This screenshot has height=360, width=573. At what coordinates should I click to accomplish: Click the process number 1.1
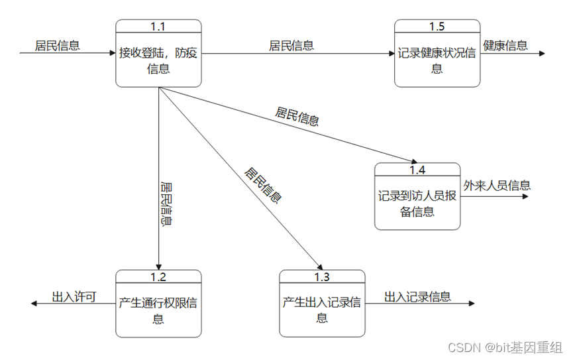tap(158, 27)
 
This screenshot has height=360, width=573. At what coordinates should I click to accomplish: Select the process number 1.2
tap(158, 276)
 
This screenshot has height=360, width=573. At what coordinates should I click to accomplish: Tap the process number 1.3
tap(321, 276)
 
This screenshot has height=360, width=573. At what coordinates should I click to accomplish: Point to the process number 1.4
tap(417, 170)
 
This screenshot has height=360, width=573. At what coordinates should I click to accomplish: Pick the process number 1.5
tap(437, 27)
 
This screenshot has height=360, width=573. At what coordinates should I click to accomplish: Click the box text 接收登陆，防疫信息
tap(158, 60)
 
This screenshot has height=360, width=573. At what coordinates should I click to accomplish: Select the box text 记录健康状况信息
tap(437, 60)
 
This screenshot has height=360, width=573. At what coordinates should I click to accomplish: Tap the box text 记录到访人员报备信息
tap(417, 204)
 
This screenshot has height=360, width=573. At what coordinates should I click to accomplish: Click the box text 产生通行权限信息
tap(158, 310)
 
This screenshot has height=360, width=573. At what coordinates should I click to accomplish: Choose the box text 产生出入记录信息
tap(321, 310)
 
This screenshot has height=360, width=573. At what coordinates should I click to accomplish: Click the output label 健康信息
tap(505, 45)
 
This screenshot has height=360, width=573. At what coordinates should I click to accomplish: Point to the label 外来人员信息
tap(497, 185)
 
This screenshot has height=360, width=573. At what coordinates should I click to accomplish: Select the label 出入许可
tap(74, 296)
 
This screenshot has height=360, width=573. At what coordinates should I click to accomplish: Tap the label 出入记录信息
tap(417, 296)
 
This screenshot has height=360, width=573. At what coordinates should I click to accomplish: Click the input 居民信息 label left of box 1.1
tap(58, 45)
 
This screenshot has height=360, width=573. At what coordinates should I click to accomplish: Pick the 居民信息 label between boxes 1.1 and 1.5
tap(291, 45)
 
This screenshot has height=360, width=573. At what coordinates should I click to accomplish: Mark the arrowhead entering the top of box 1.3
tap(318, 265)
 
